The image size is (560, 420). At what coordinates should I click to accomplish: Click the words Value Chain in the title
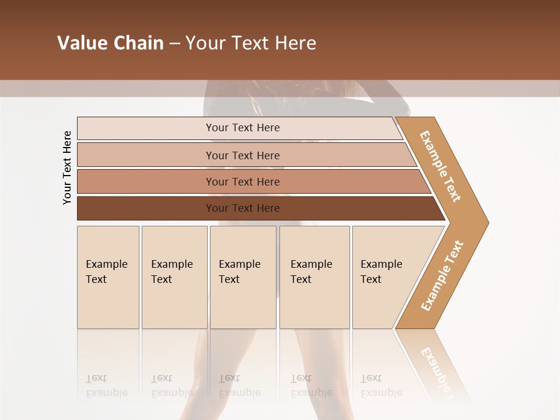(110, 43)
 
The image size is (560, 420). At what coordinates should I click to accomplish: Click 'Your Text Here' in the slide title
(251, 43)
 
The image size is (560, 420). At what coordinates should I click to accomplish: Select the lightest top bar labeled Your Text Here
(242, 128)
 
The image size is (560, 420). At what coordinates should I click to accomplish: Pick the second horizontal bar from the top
(242, 155)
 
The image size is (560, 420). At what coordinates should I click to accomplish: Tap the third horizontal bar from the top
(242, 181)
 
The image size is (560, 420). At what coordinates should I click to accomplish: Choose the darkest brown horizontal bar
(242, 208)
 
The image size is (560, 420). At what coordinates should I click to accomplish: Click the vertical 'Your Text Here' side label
(67, 167)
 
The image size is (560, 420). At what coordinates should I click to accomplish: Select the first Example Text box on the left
(108, 277)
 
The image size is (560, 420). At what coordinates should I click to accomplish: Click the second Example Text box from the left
(174, 277)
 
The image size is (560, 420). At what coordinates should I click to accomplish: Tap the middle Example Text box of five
(243, 277)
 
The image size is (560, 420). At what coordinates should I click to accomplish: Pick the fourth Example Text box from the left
(314, 277)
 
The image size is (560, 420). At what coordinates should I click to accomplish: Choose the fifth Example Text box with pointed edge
(385, 277)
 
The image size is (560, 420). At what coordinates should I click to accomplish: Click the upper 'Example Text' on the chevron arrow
(440, 166)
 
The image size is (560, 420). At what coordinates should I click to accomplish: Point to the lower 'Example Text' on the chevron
(442, 275)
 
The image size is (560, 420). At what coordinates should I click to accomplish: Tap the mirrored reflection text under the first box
(106, 386)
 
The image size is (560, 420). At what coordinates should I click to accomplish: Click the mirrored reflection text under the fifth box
(381, 386)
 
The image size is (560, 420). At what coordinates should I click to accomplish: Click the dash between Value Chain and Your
(174, 44)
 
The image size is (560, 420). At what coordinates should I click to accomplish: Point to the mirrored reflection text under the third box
(239, 386)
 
